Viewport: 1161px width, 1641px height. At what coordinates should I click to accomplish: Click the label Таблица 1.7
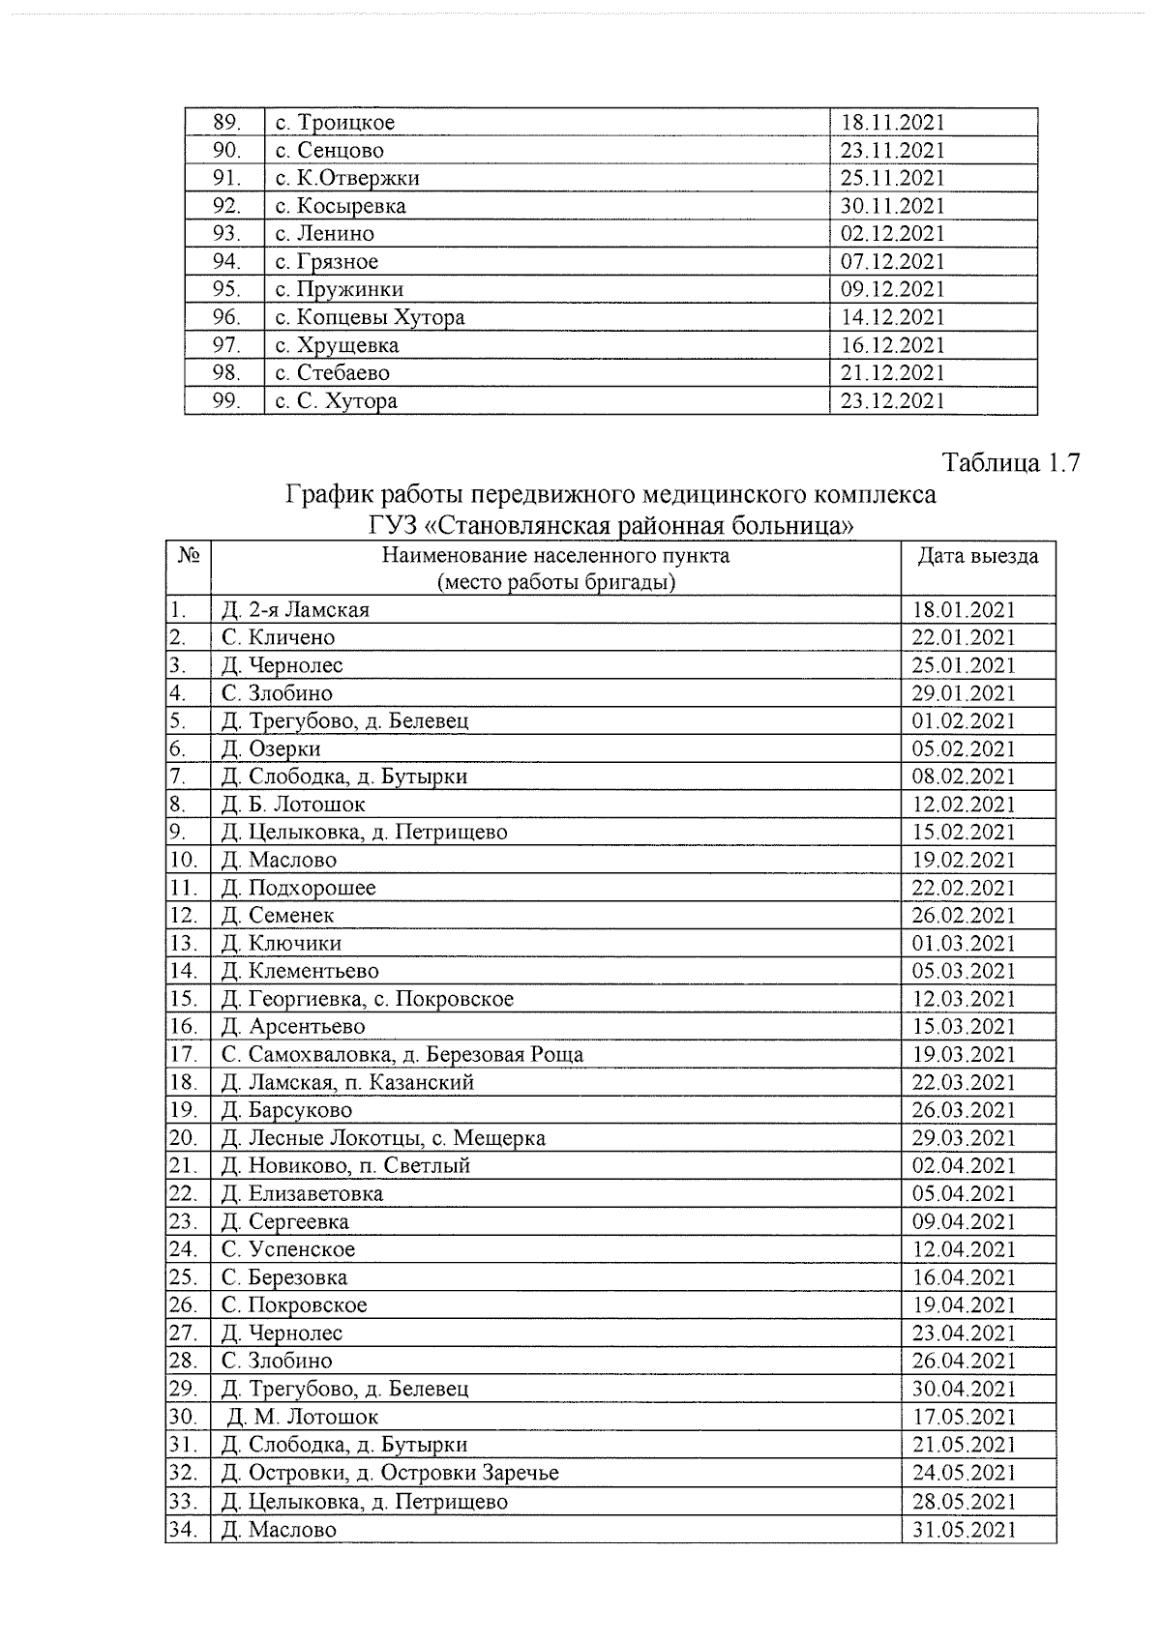tap(1009, 463)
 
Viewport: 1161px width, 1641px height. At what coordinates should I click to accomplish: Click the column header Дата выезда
tap(978, 556)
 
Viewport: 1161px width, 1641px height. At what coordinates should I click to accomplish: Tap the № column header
tap(189, 556)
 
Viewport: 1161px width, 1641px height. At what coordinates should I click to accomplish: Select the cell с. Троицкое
tap(335, 123)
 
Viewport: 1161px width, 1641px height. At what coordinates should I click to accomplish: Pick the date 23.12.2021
tap(892, 400)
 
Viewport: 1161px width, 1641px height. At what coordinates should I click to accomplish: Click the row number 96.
tap(226, 317)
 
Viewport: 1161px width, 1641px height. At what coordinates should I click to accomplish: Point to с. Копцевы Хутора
tap(370, 317)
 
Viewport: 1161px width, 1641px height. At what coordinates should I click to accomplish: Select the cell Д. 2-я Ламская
tap(295, 610)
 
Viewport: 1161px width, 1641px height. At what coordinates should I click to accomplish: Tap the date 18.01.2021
tap(964, 610)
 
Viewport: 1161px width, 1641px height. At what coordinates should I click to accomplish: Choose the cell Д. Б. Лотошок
tap(293, 805)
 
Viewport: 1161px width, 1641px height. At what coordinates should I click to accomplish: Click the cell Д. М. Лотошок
tap(303, 1417)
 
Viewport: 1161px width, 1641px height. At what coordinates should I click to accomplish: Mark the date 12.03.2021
tap(964, 999)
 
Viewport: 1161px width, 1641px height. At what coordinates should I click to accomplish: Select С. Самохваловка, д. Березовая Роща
tap(402, 1054)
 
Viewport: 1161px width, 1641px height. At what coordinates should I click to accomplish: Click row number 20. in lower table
tap(184, 1138)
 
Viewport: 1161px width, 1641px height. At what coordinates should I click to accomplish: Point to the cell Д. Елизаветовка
tap(302, 1194)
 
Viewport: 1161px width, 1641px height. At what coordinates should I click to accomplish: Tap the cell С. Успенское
tap(288, 1249)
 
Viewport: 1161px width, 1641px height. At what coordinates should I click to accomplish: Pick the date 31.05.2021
tap(964, 1530)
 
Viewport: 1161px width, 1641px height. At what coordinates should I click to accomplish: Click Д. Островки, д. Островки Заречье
tap(390, 1473)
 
